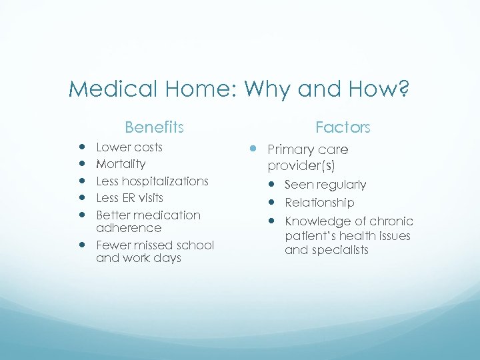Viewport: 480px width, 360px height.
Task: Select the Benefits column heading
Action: pyautogui.click(x=154, y=127)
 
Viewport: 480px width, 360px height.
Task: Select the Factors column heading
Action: pyautogui.click(x=343, y=127)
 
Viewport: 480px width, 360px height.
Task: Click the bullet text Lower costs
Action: pyautogui.click(x=129, y=147)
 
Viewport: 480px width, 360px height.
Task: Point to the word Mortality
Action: pyautogui.click(x=121, y=164)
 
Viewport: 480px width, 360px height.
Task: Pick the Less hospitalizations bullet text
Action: pyautogui.click(x=152, y=181)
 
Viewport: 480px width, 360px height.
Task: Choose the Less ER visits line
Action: pyautogui.click(x=129, y=198)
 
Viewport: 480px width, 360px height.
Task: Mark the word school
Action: pyautogui.click(x=195, y=245)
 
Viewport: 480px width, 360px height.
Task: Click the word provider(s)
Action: pyautogui.click(x=301, y=164)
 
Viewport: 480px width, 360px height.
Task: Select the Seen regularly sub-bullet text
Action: pyautogui.click(x=325, y=185)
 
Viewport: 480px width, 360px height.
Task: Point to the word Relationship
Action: pyautogui.click(x=319, y=203)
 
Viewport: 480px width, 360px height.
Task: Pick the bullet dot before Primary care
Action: pyautogui.click(x=253, y=150)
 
